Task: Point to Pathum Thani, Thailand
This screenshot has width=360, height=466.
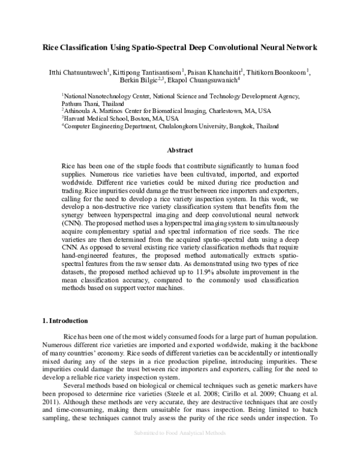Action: point(90,103)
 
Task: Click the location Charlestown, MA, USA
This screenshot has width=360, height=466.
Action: point(235,110)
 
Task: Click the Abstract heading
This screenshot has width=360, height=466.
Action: point(179,152)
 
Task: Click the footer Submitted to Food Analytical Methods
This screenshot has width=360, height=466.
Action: point(179,449)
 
